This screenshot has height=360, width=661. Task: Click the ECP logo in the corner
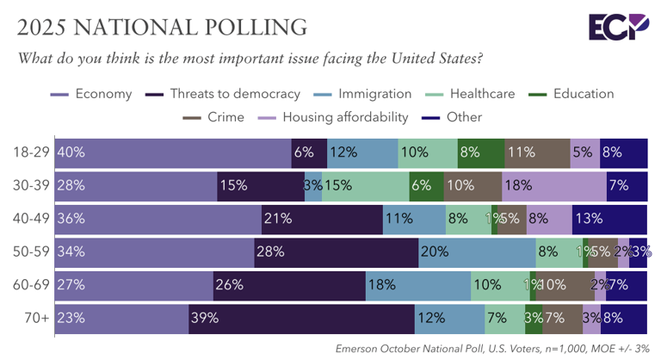619,27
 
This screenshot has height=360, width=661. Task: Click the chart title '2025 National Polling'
162,27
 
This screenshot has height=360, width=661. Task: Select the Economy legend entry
92,94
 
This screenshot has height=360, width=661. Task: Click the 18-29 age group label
32,152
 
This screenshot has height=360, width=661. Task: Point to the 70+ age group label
37,318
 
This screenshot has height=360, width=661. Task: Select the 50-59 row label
32,251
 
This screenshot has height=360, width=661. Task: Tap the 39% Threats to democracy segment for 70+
301,318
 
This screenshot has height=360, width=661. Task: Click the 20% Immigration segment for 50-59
477,251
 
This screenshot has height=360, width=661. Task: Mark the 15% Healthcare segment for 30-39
365,185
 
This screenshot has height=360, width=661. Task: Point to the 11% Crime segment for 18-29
537,152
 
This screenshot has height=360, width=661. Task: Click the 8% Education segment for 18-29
480,152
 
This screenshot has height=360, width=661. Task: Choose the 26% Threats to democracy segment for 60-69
289,285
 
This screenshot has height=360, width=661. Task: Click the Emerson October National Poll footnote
490,348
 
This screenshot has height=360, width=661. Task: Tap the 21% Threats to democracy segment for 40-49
322,219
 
